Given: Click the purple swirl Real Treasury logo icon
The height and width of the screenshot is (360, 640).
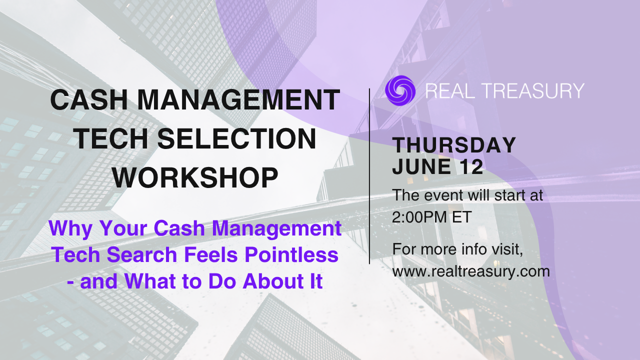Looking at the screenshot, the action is (400, 90).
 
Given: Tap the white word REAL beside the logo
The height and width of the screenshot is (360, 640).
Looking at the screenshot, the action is (450, 91).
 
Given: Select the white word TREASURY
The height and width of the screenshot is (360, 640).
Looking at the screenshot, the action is (533, 91).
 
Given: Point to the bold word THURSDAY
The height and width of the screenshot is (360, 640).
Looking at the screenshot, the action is (454, 145).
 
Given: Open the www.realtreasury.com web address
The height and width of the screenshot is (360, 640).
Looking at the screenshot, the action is (471, 271).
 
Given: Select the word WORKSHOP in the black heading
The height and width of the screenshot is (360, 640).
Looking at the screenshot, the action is (195, 177).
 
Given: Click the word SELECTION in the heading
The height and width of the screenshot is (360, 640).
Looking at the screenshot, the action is (236, 138).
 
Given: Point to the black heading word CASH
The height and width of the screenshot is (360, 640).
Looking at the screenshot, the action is (89, 99).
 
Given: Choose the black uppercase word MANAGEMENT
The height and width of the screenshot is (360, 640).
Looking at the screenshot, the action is (238, 99).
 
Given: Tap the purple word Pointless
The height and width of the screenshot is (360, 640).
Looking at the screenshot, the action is (291, 254).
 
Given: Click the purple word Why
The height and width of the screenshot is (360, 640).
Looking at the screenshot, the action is (70, 229).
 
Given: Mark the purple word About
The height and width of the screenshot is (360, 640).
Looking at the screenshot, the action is (272, 281).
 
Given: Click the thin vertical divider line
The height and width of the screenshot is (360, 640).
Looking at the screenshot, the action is (369, 176).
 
